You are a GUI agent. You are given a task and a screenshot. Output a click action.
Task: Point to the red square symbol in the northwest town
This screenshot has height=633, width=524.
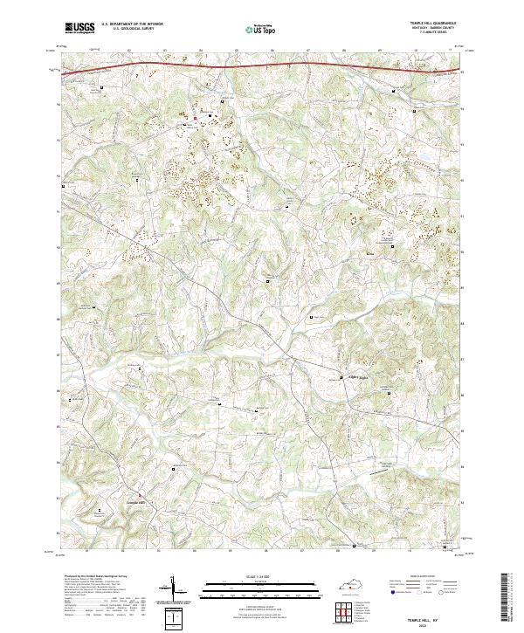pos(196,117)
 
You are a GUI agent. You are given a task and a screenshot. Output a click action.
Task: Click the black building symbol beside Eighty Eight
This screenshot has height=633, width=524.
pos(341,377)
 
